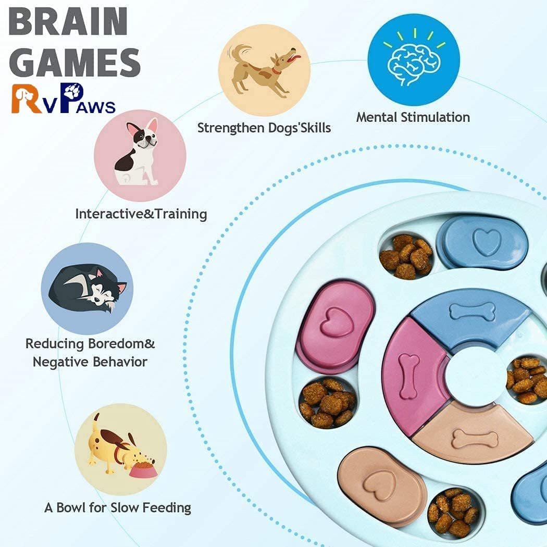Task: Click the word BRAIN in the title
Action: click(x=68, y=22)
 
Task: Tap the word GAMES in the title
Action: click(x=75, y=62)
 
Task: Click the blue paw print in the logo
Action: click(x=77, y=90)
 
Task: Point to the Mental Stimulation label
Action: click(x=413, y=117)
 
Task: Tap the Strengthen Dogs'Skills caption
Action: click(x=264, y=128)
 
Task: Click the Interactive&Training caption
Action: click(x=141, y=214)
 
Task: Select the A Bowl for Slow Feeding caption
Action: click(x=118, y=507)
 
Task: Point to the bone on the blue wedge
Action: click(x=472, y=312)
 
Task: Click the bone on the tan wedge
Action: click(x=475, y=439)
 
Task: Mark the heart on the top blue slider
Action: click(x=486, y=242)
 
